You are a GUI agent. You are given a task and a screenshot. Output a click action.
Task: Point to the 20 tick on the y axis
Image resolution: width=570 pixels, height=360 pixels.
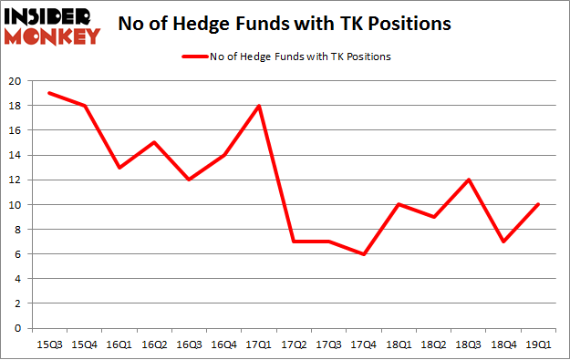tap(19, 81)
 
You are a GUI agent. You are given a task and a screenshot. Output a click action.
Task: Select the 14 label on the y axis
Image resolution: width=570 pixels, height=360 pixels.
tap(19, 155)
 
